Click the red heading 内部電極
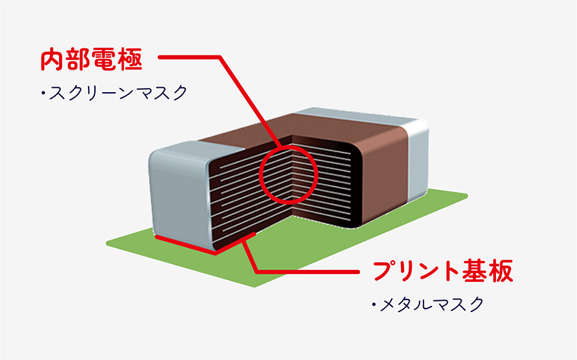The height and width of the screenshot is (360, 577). click(91, 59)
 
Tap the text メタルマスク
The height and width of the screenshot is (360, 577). click(431, 304)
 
